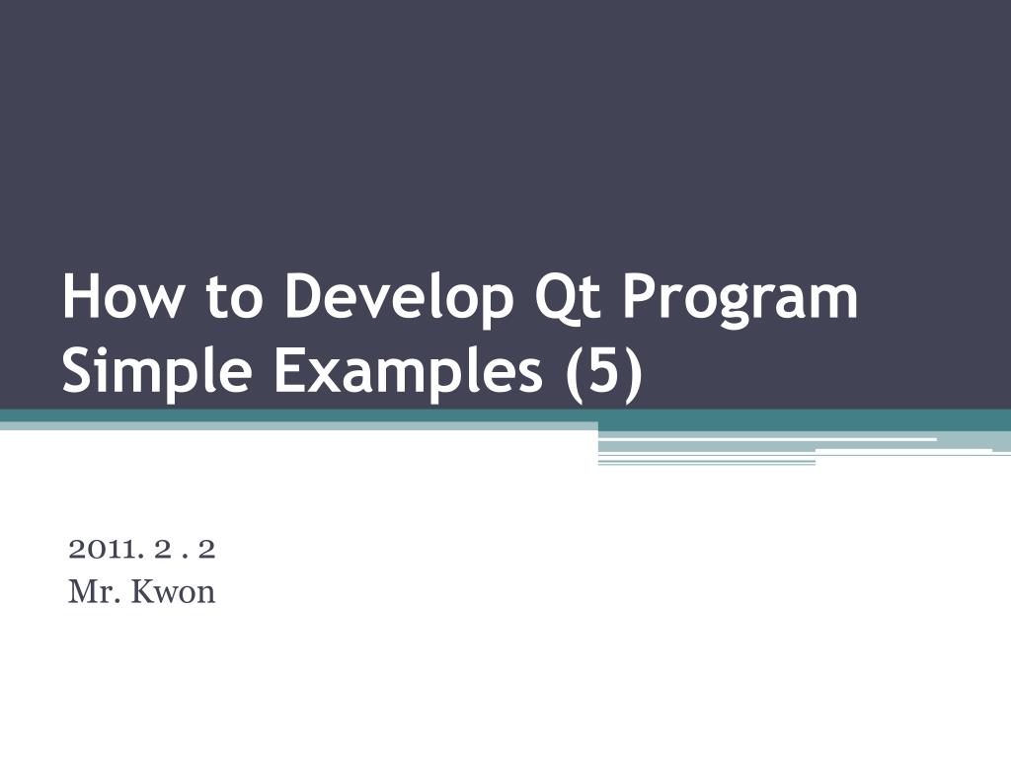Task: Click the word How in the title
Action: coord(122,296)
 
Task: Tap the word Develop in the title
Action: coord(399,299)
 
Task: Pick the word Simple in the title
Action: coord(157,372)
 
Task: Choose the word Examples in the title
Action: coord(408,372)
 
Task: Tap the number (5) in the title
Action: coord(604,372)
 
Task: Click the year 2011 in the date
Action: coord(103,549)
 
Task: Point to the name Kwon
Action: coord(173,592)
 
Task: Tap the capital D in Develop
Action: coord(304,296)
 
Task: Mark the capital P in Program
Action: coord(639,296)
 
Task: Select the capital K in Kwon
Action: coord(144,592)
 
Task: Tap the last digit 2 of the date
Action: coord(206,549)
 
